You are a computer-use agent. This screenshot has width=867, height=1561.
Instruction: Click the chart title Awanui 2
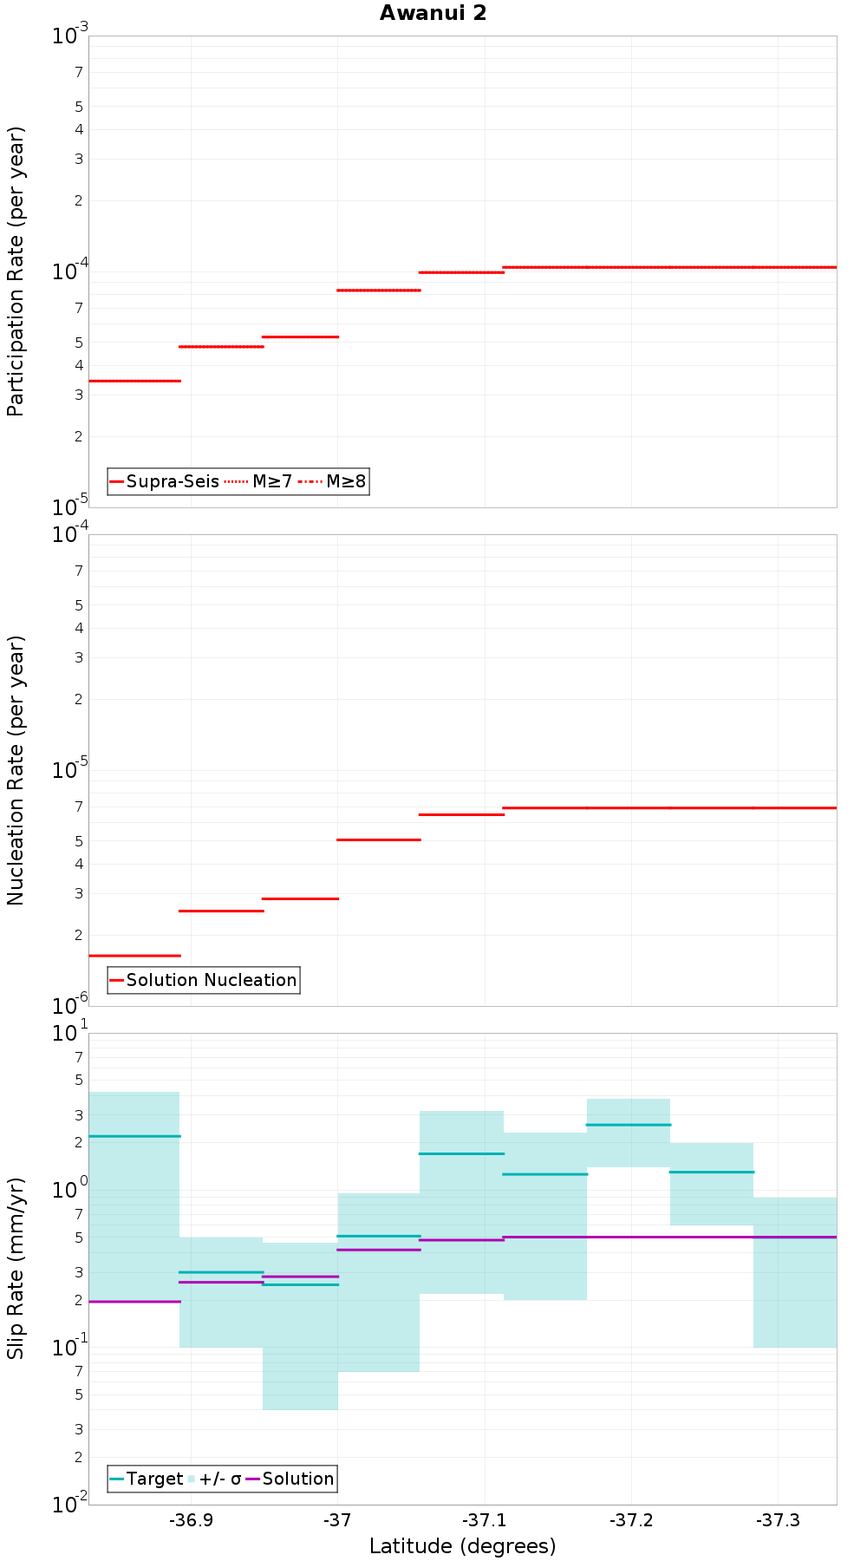(x=433, y=13)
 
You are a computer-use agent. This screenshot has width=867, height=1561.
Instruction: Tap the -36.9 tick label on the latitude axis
(x=191, y=1520)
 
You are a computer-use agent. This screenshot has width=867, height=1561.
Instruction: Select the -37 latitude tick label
(x=337, y=1520)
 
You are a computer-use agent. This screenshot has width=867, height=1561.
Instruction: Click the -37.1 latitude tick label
(x=484, y=1520)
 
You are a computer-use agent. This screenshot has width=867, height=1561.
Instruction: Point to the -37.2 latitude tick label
(x=631, y=1520)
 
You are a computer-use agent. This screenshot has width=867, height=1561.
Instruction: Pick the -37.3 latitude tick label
(x=778, y=1520)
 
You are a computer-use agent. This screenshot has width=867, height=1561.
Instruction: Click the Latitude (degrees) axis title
(x=462, y=1546)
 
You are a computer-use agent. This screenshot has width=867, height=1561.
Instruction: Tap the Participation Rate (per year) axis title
(x=16, y=271)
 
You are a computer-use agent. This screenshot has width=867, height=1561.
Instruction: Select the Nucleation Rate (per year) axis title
(x=16, y=770)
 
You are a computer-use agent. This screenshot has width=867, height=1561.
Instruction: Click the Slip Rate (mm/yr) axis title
(x=16, y=1268)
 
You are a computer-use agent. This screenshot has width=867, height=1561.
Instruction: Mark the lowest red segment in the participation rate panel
(x=134, y=381)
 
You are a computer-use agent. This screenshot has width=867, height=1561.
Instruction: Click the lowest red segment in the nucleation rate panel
(x=134, y=956)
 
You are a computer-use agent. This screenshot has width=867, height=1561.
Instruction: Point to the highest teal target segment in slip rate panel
(x=629, y=1125)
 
